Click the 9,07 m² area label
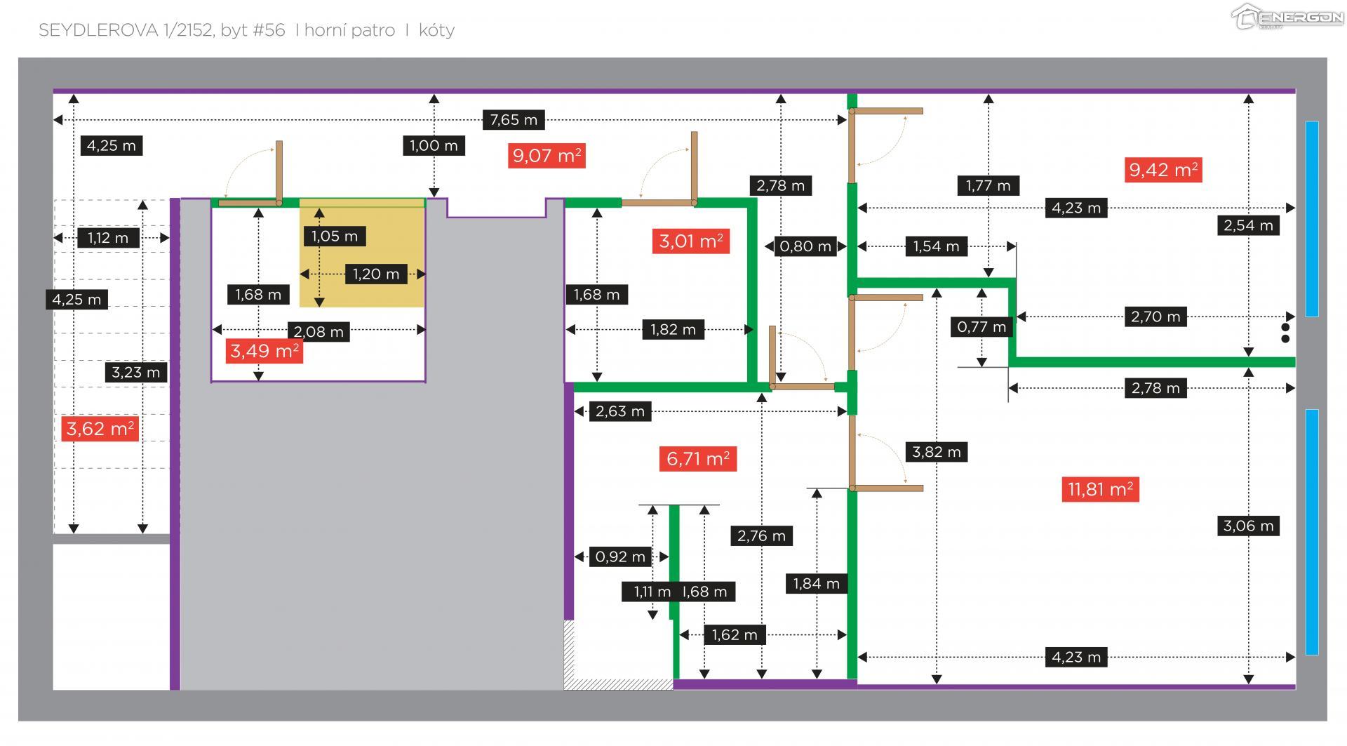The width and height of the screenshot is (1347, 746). tap(547, 155)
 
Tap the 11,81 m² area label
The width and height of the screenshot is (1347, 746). tap(1100, 489)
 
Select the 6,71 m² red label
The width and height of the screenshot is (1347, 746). tap(697, 459)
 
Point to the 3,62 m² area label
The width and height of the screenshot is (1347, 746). tap(100, 428)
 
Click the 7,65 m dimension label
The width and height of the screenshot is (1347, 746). tap(514, 120)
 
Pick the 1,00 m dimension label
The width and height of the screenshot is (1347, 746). tap(434, 146)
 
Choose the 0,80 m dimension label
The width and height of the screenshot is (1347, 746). tap(805, 246)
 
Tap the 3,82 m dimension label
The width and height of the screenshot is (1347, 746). tap(936, 452)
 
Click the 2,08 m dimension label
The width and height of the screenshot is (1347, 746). tap(319, 331)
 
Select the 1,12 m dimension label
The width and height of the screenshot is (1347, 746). tap(108, 238)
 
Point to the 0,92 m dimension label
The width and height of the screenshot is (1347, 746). tap(620, 557)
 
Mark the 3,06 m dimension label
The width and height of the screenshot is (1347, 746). tap(1248, 526)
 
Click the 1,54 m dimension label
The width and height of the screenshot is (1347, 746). tap(936, 246)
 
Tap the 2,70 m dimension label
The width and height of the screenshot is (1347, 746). tap(1155, 317)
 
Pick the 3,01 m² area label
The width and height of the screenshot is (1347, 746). tap(690, 241)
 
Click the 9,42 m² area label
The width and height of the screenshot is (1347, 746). tap(1163, 170)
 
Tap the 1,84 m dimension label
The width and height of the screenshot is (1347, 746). tap(816, 584)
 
